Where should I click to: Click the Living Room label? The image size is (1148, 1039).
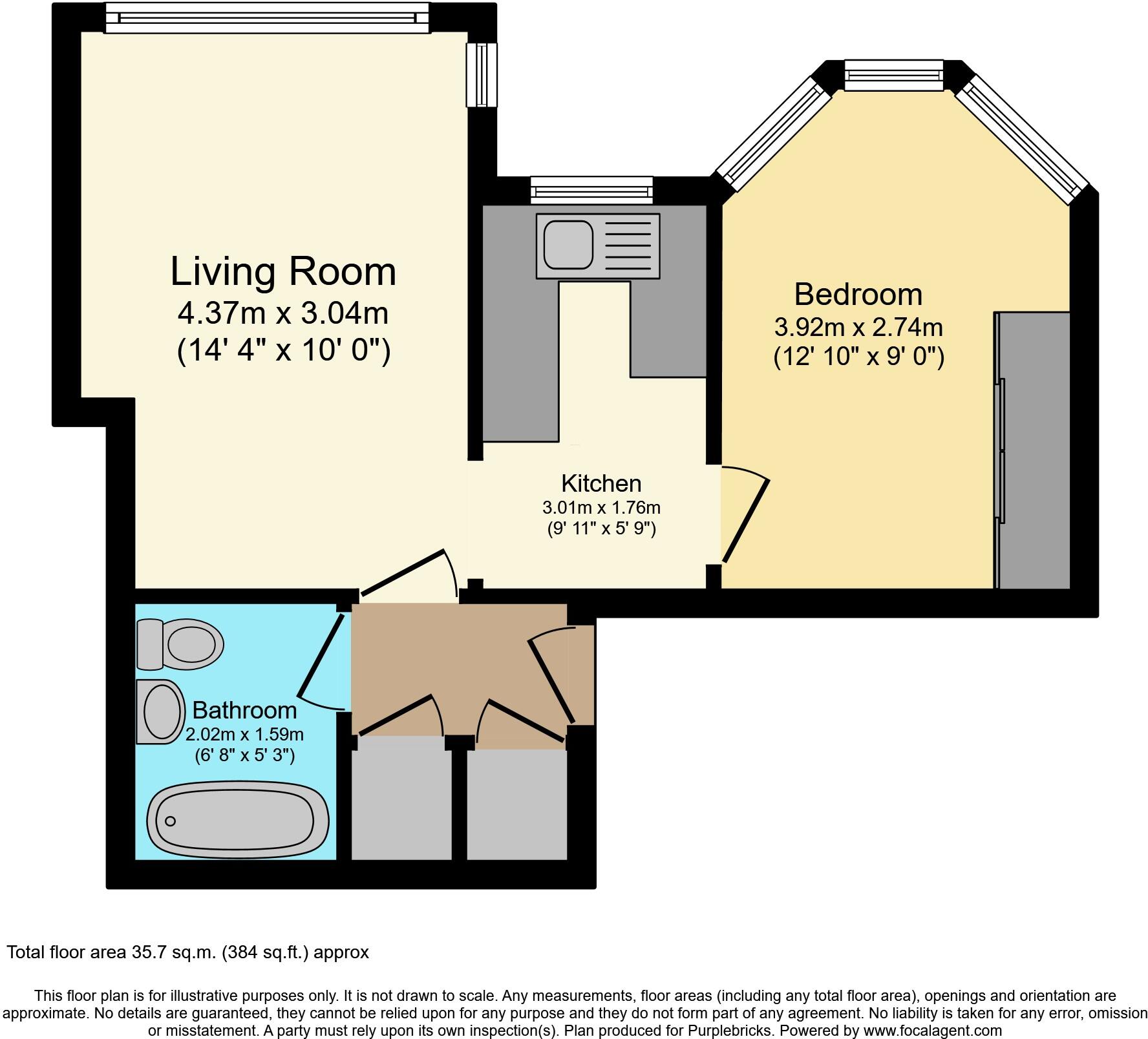click(x=283, y=272)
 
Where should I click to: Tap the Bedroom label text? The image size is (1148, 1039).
click(x=858, y=295)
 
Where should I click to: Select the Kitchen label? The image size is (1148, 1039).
click(x=601, y=483)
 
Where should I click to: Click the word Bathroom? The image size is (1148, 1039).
click(x=244, y=710)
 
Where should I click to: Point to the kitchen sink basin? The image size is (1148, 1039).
click(x=568, y=246)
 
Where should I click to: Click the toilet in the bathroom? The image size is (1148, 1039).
click(x=181, y=644)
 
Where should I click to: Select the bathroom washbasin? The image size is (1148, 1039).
click(x=160, y=711)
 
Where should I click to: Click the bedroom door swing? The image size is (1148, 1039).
click(x=745, y=517)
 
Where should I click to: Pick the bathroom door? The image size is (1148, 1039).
click(x=321, y=657)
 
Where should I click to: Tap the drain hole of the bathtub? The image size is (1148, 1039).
click(x=171, y=821)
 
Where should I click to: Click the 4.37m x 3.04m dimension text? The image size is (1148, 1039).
click(x=283, y=314)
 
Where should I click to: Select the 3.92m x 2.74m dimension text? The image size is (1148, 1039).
click(x=858, y=328)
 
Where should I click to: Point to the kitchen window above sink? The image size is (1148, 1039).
click(x=591, y=190)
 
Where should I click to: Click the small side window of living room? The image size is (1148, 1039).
click(x=482, y=74)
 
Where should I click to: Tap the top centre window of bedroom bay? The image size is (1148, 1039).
click(x=894, y=75)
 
